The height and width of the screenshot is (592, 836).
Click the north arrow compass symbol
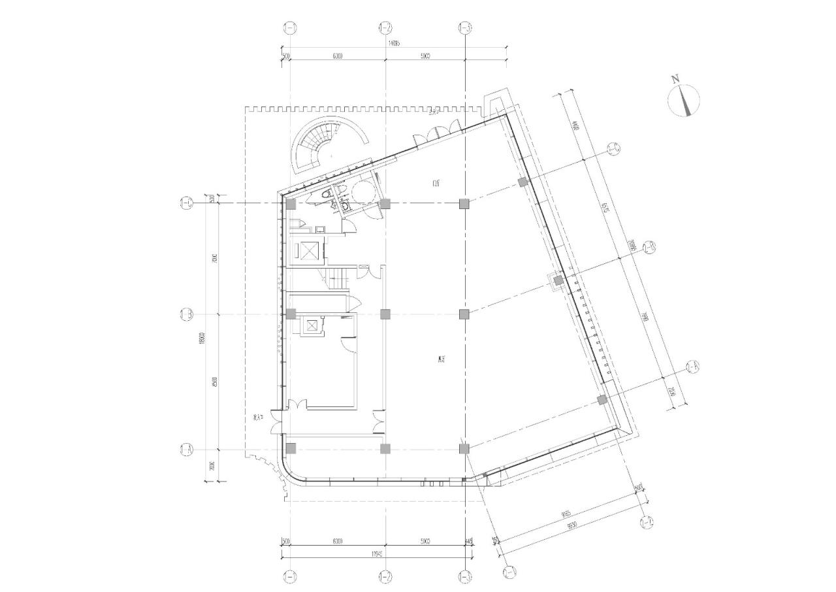684,101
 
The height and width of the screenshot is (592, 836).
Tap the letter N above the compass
676,79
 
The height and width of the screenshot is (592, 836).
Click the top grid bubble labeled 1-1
290,27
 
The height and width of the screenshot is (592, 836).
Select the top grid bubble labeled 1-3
464,27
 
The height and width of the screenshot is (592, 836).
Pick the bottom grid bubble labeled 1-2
385,577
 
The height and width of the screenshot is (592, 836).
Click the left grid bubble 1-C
186,204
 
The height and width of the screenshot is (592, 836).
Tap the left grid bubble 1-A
186,450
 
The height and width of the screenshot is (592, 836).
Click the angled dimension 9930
573,526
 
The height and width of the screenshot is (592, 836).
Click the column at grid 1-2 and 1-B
385,314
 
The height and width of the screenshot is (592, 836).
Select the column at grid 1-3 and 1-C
464,204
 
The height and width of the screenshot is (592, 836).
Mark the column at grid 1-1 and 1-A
291,448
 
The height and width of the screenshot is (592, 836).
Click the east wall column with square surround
558,282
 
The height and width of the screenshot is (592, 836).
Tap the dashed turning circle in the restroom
362,190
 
